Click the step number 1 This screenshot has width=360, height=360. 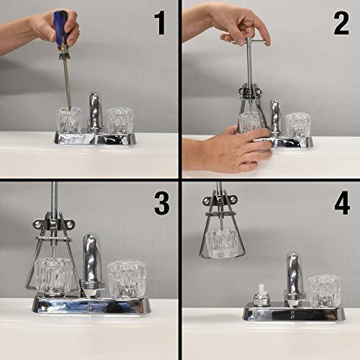click(x=160, y=23)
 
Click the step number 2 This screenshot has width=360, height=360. click(x=341, y=23)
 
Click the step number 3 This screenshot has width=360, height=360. click(x=162, y=202)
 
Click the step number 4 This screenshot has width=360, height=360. click(x=342, y=203)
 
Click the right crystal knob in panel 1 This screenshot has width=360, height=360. click(x=120, y=121)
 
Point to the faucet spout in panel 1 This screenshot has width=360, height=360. click(x=96, y=111)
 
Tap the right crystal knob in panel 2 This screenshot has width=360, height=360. click(x=298, y=126)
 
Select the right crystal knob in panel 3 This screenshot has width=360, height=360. click(x=127, y=279)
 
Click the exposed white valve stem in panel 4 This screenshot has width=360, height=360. click(x=262, y=289)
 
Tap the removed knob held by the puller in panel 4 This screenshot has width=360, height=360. click(x=222, y=243)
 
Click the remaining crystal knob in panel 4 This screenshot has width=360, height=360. click(x=325, y=291)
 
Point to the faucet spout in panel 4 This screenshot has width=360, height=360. click(x=294, y=274)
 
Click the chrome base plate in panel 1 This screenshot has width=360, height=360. click(x=95, y=138)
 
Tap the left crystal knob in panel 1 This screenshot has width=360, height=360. click(x=68, y=120)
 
